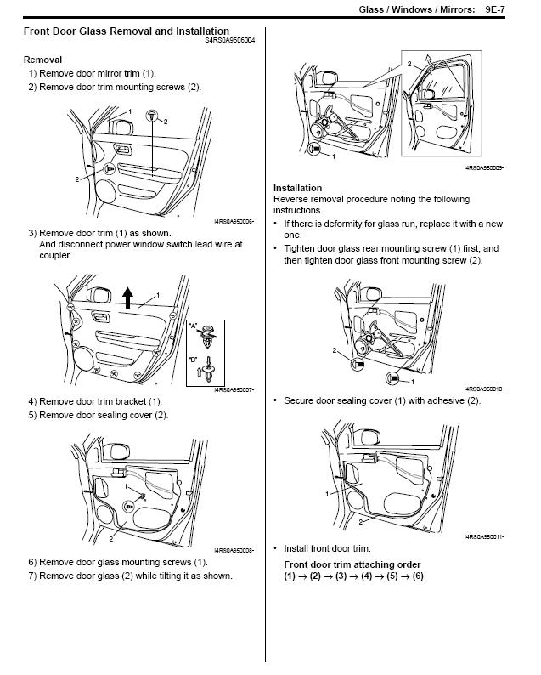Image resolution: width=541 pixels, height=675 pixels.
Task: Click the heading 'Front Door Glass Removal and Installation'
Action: click(126, 31)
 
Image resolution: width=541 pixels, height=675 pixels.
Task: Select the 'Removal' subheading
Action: click(42, 60)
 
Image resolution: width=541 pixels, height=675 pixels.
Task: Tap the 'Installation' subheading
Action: click(297, 188)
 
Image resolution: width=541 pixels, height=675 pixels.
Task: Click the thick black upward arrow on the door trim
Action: click(127, 297)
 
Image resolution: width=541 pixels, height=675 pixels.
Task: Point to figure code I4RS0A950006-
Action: click(234, 221)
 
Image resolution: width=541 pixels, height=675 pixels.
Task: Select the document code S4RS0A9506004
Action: click(229, 40)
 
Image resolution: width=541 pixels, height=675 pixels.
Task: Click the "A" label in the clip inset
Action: click(194, 325)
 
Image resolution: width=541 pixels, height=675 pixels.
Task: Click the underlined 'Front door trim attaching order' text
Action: click(352, 564)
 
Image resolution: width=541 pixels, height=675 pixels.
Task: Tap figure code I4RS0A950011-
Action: click(484, 537)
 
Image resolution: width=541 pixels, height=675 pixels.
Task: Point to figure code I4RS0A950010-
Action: click(484, 389)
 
